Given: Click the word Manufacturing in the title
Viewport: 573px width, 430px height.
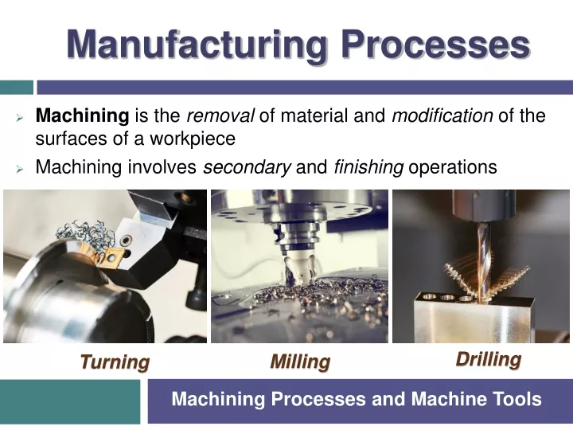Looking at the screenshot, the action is tap(197, 45).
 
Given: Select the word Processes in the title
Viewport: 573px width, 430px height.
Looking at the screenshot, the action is tap(435, 45).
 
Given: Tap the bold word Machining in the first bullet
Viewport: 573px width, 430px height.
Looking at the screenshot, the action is tap(82, 116).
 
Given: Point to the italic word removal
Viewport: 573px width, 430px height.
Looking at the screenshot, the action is tap(220, 115).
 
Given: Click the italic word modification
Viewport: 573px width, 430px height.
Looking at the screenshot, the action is tap(442, 115).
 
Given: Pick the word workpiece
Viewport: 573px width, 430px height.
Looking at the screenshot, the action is tap(193, 139).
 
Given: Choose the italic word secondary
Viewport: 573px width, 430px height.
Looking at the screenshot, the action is tap(247, 167).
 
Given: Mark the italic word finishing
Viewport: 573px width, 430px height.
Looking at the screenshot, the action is tap(368, 167).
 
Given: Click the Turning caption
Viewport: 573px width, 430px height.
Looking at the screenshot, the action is tap(115, 362).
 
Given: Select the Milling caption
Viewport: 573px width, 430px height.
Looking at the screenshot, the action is tap(300, 362).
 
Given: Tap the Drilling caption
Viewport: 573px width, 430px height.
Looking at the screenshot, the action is tap(489, 359).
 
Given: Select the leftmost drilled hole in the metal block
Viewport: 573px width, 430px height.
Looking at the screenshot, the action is tap(428, 295).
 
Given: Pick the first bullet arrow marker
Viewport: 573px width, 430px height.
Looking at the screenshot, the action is tap(19, 118).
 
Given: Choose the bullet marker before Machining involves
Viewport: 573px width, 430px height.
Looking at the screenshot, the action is tap(19, 169).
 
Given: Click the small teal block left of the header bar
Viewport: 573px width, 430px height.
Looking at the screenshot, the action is tap(17, 88).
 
